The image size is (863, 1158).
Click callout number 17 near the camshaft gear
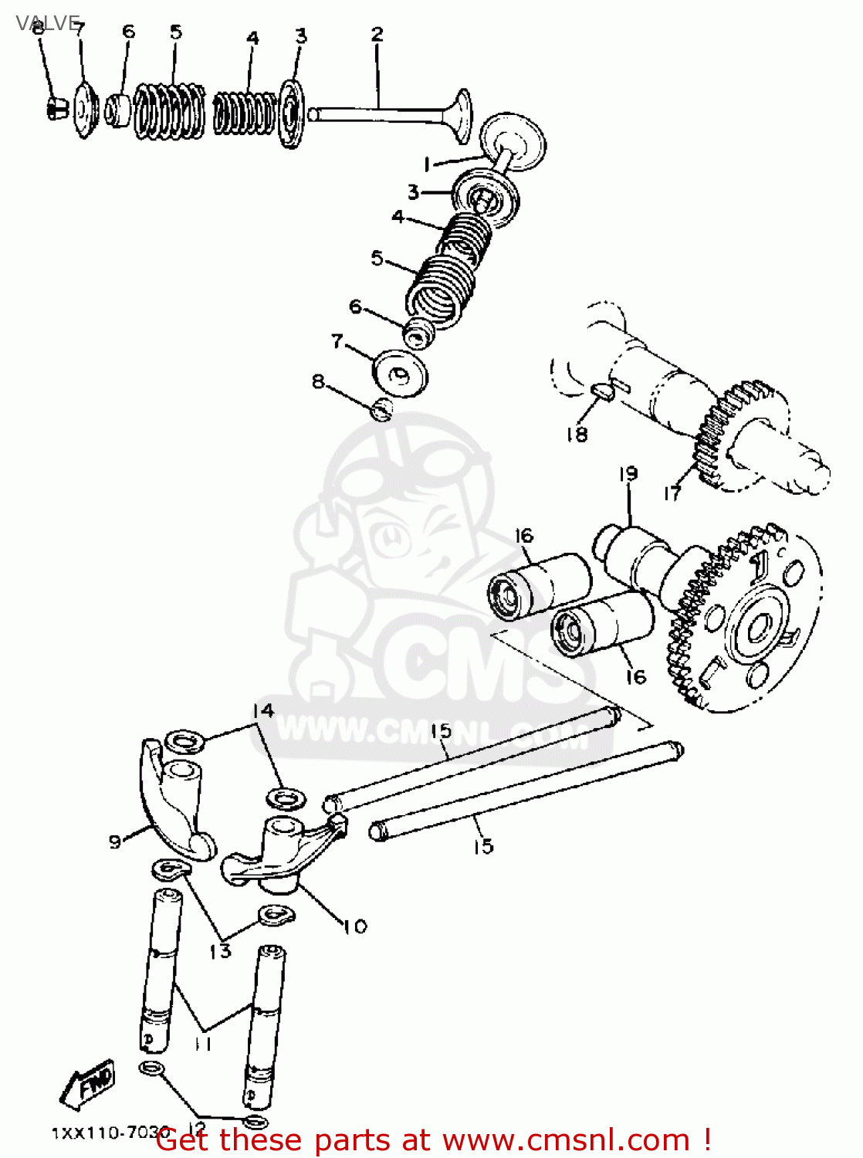672,493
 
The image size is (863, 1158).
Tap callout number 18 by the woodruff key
577,434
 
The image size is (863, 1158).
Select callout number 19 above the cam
628,473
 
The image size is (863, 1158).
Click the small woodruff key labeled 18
601,391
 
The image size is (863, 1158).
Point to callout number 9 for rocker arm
115,841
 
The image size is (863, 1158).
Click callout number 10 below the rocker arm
355,926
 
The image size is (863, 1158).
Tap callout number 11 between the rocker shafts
203,1044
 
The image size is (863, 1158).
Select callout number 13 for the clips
220,950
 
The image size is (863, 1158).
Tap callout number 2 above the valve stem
377,34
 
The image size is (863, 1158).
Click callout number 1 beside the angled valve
427,164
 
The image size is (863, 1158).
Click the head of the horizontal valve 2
460,116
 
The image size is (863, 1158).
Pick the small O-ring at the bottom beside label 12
256,1121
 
